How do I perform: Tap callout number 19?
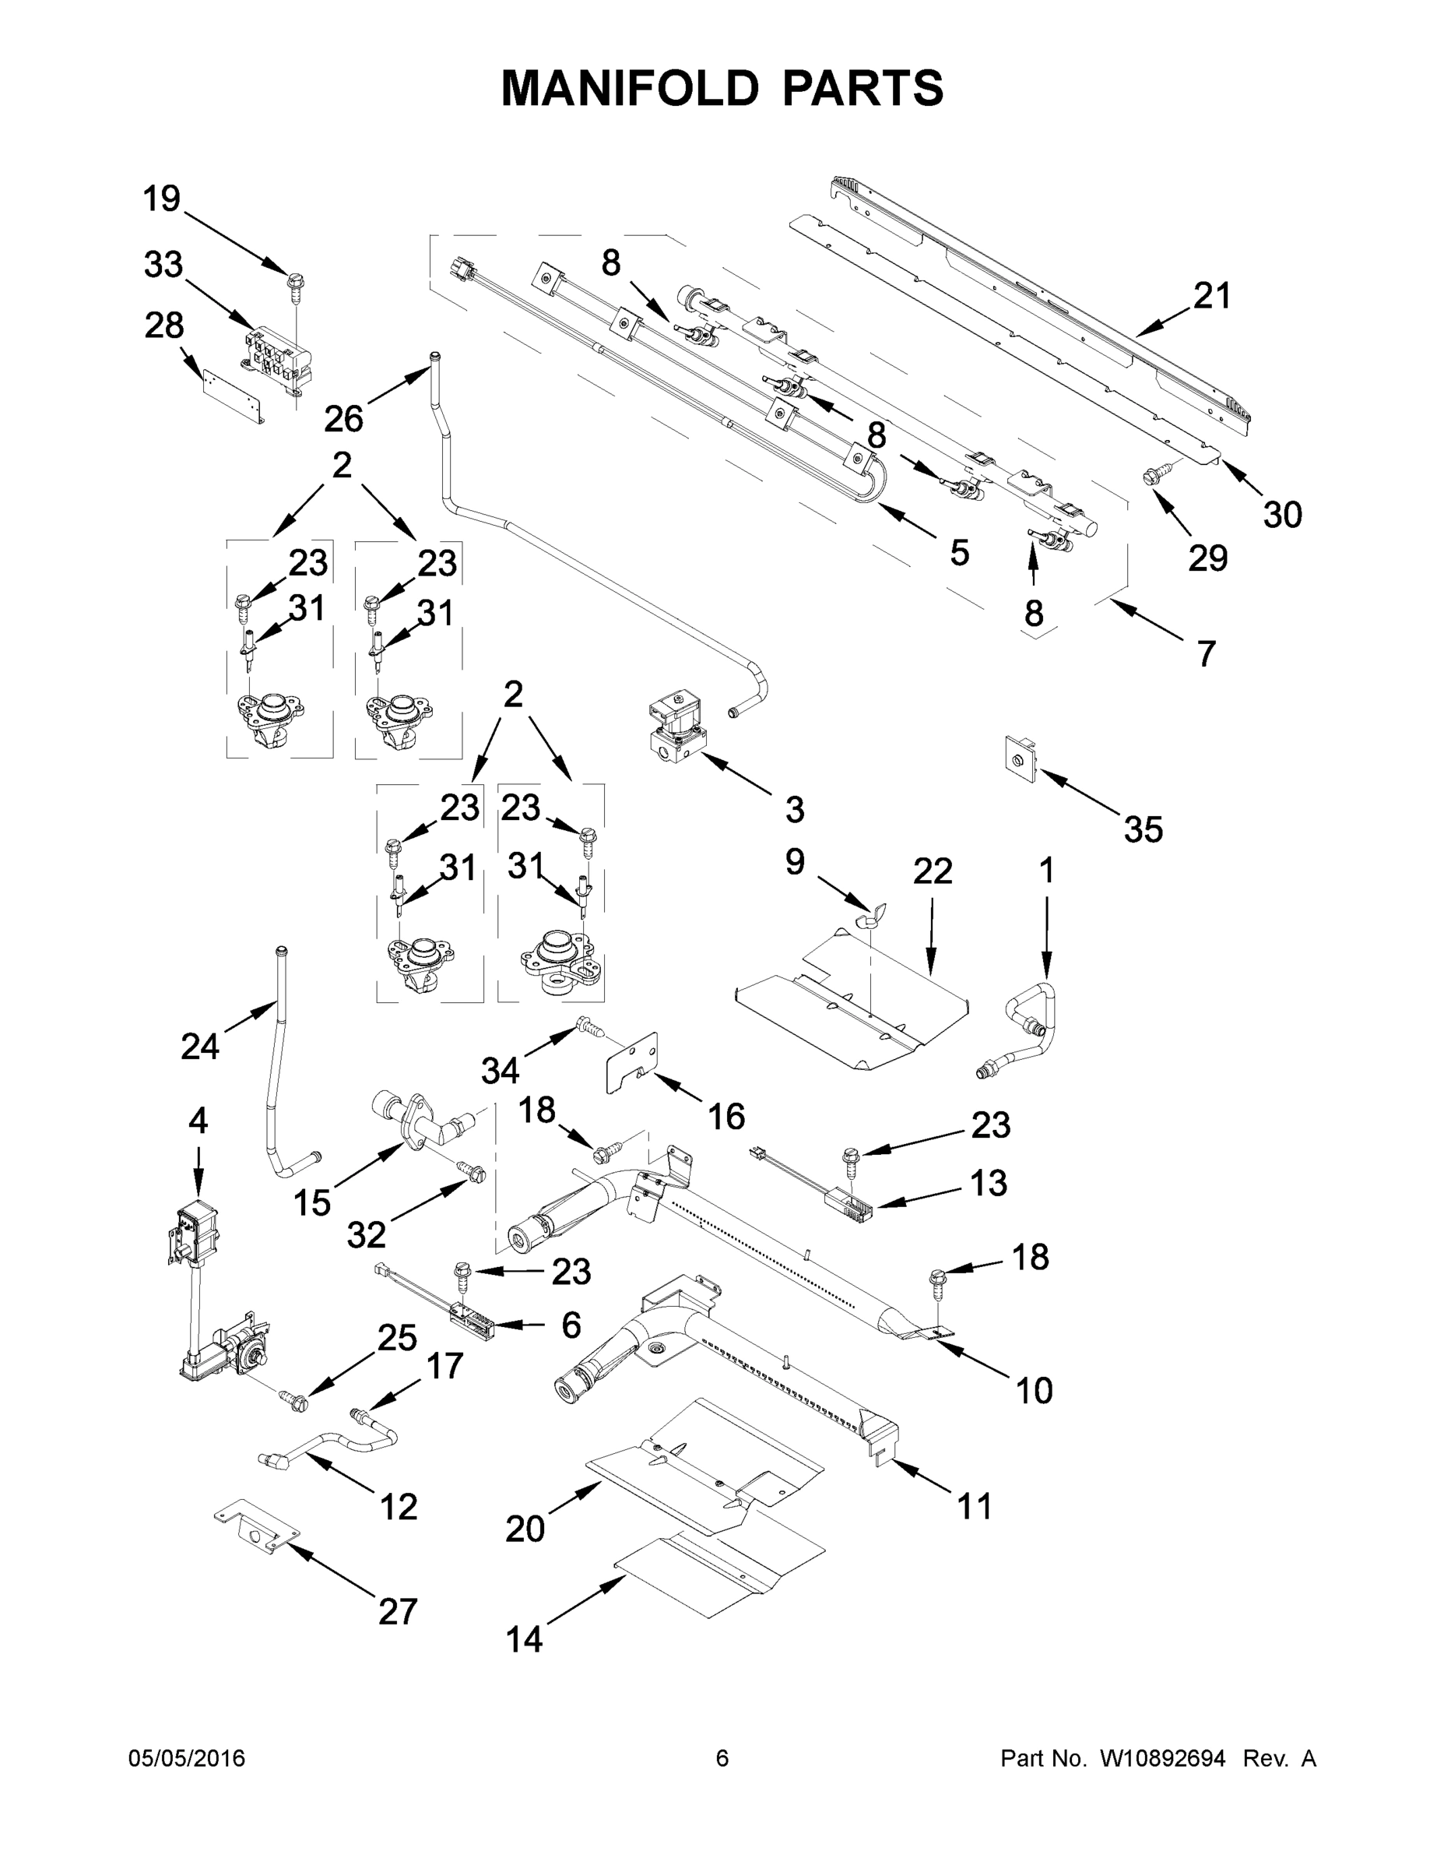click(x=161, y=199)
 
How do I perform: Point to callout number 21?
click(x=1211, y=296)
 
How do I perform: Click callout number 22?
click(x=932, y=871)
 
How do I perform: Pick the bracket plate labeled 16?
click(x=634, y=1062)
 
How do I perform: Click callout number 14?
click(x=524, y=1638)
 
